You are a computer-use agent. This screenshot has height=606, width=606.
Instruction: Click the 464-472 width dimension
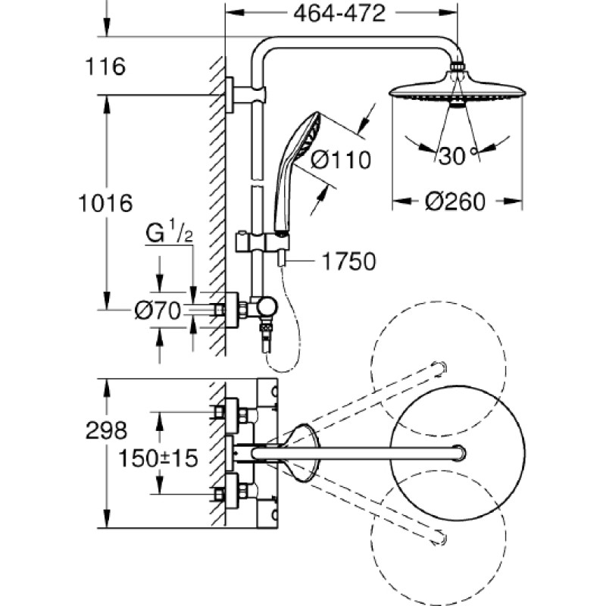(x=339, y=14)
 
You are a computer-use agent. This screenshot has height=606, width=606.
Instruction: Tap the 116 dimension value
(x=105, y=67)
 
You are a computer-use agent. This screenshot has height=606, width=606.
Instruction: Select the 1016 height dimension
(x=105, y=203)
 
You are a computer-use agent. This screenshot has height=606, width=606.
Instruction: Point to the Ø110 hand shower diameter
(x=341, y=160)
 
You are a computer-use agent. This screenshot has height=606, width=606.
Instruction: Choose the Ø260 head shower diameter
(x=455, y=201)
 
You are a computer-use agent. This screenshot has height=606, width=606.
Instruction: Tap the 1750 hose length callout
(x=348, y=261)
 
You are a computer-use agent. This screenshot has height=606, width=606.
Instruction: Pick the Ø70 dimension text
(x=158, y=311)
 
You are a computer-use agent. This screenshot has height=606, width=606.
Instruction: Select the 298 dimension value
(x=106, y=430)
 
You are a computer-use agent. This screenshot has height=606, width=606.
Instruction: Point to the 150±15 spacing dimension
(x=158, y=458)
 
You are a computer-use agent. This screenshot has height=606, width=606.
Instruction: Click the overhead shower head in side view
(x=458, y=88)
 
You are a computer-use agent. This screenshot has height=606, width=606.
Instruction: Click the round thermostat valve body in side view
(x=267, y=307)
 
